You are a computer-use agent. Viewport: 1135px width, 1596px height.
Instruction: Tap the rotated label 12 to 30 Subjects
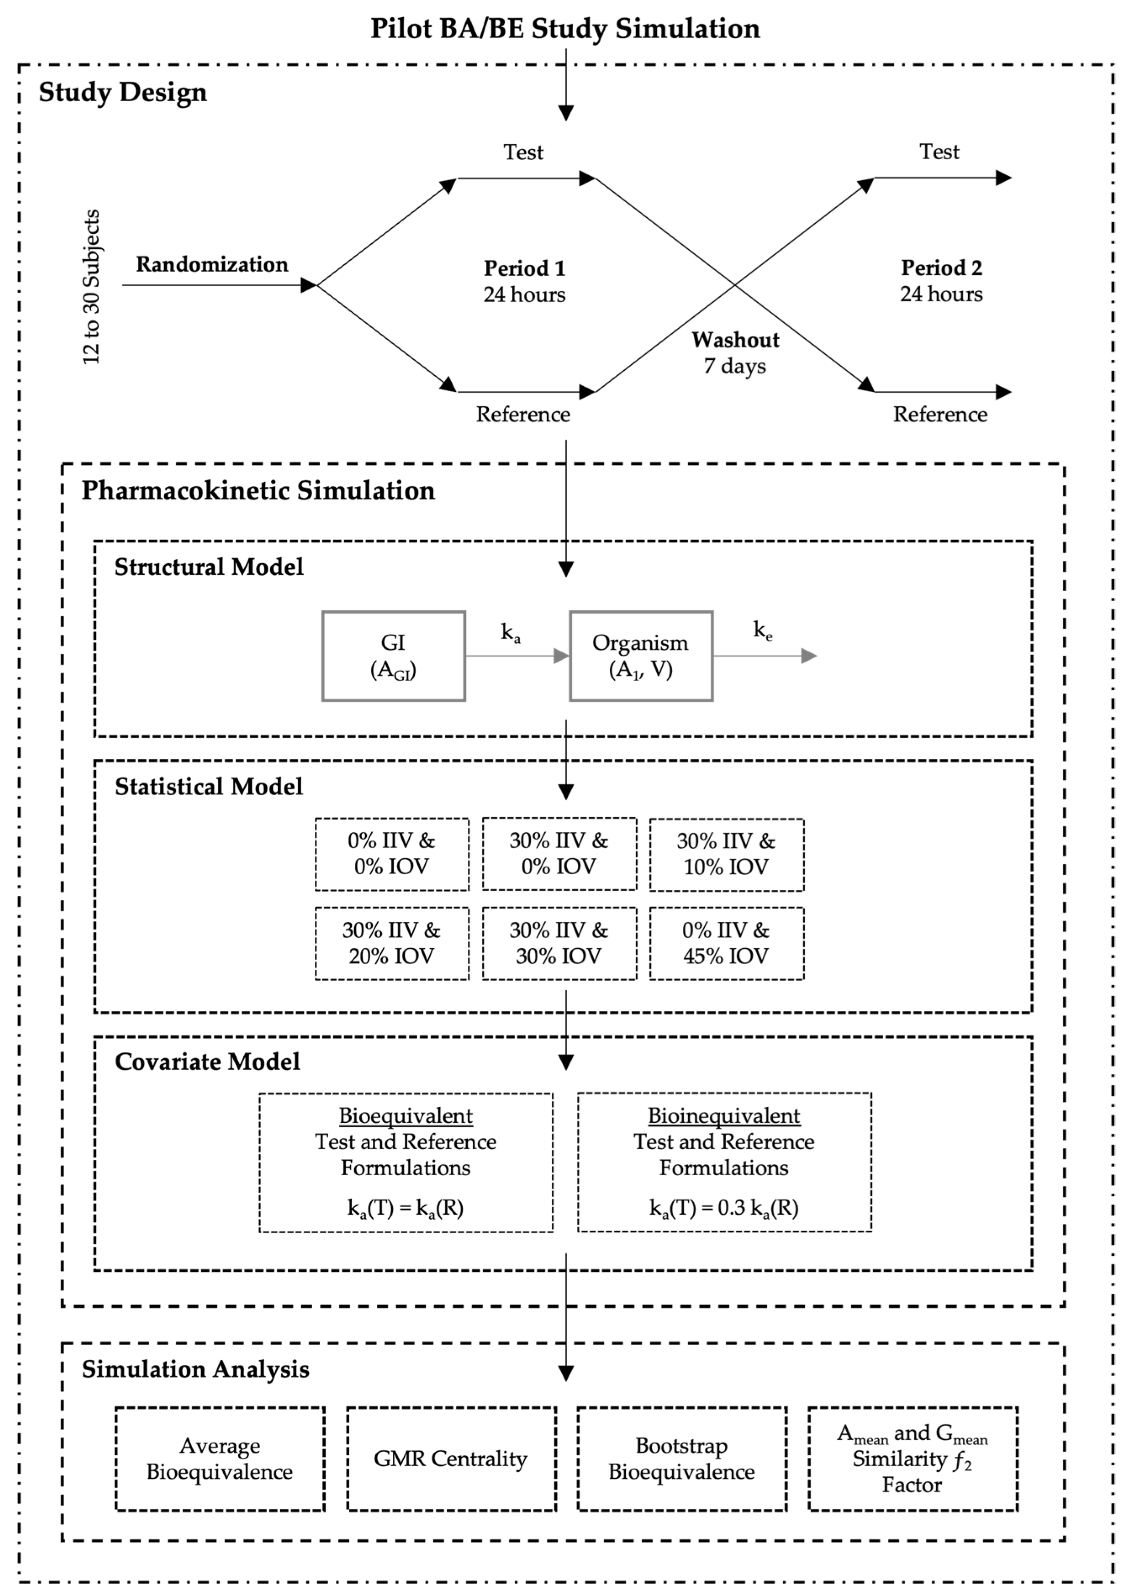pyautogui.click(x=92, y=287)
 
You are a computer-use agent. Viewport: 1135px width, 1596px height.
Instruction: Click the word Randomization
pyautogui.click(x=212, y=265)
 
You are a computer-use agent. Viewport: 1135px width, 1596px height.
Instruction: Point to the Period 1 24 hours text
pyautogui.click(x=524, y=282)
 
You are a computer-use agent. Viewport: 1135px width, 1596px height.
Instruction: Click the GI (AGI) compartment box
pyautogui.click(x=393, y=656)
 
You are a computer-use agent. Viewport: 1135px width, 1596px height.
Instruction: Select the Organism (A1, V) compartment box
pyautogui.click(x=641, y=656)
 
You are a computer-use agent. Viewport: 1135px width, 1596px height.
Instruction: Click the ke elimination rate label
pyautogui.click(x=763, y=630)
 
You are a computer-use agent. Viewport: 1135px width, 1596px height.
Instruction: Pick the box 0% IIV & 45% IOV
pyautogui.click(x=726, y=943)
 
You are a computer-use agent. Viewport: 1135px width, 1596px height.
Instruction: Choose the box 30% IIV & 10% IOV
pyautogui.click(x=726, y=854)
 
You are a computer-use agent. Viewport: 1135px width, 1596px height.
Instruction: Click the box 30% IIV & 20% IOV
pyautogui.click(x=391, y=943)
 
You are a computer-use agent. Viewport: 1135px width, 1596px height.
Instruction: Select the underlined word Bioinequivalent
pyautogui.click(x=724, y=1116)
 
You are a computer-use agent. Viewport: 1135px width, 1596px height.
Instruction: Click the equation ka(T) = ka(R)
pyautogui.click(x=406, y=1208)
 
